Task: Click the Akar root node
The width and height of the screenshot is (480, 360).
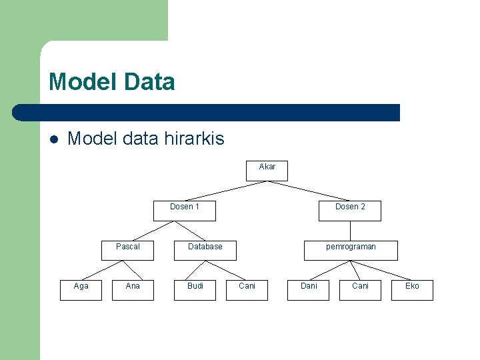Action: click(x=267, y=171)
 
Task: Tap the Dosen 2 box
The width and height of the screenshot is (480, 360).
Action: click(x=350, y=210)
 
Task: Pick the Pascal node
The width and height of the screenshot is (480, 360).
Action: click(x=127, y=250)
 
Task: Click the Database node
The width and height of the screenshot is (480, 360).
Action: click(x=205, y=250)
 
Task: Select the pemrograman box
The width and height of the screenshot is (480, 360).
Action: click(x=351, y=250)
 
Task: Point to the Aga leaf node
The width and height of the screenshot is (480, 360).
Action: click(x=81, y=290)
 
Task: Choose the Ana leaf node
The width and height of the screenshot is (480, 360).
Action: click(x=133, y=290)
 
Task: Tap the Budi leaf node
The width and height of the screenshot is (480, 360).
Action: click(x=195, y=290)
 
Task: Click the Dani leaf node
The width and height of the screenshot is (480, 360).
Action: click(x=309, y=290)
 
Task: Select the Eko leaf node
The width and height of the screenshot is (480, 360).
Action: click(x=413, y=290)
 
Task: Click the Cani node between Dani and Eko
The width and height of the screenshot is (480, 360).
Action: click(x=360, y=290)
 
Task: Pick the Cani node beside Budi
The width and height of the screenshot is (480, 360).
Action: click(x=247, y=290)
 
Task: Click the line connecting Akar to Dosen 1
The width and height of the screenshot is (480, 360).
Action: click(x=225, y=191)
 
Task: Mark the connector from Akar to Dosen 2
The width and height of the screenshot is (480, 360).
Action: click(x=309, y=191)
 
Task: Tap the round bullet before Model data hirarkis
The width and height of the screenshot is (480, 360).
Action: click(x=54, y=139)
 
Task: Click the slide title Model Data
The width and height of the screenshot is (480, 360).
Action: click(x=112, y=82)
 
